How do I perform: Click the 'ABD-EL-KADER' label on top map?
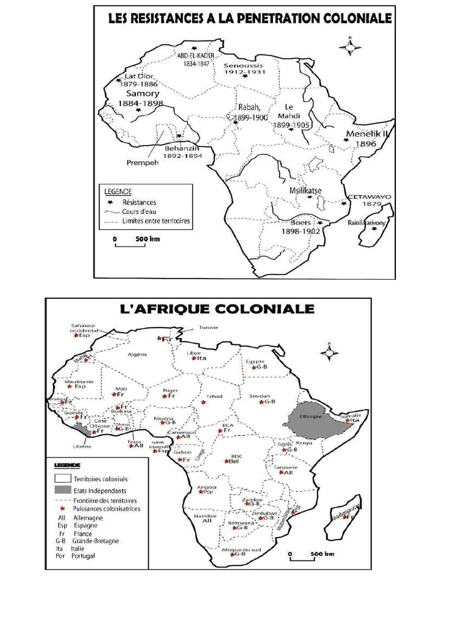pyautogui.click(x=194, y=59)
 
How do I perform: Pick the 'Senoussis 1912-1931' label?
pyautogui.click(x=243, y=69)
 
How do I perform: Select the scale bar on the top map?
pyautogui.click(x=130, y=243)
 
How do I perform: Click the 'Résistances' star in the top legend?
pyautogui.click(x=110, y=201)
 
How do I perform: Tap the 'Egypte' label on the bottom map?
pyautogui.click(x=255, y=361)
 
